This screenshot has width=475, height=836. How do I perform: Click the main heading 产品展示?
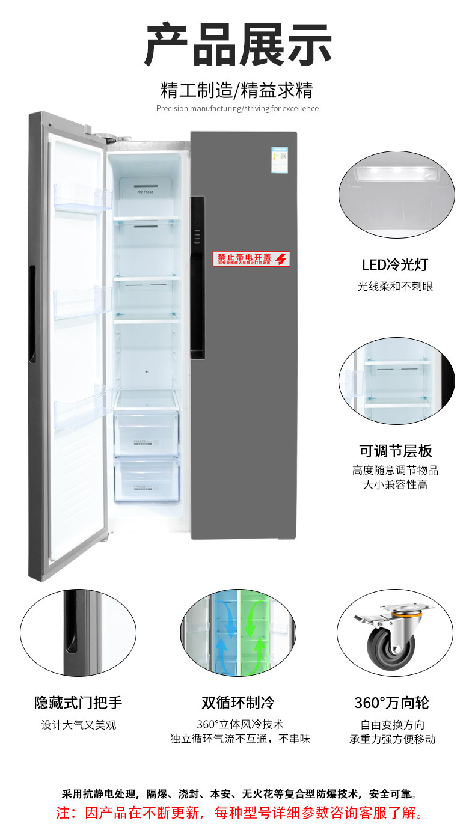[237, 46]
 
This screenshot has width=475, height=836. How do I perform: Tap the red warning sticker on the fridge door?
[253, 259]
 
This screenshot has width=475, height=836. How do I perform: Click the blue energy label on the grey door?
[279, 159]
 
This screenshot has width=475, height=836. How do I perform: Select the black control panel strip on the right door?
[197, 276]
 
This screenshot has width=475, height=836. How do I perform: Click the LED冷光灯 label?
[394, 264]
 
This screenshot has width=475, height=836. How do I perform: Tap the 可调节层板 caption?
[396, 451]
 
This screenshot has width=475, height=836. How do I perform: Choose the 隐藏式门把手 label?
[78, 702]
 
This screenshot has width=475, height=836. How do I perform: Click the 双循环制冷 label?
[237, 702]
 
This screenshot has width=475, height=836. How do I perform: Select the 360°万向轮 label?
[391, 702]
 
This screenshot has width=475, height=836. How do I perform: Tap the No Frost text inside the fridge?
[144, 192]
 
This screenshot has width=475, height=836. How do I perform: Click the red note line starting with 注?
[240, 813]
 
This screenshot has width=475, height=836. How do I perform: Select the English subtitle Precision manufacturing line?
[237, 109]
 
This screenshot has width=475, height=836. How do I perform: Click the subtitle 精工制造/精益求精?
[237, 90]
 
